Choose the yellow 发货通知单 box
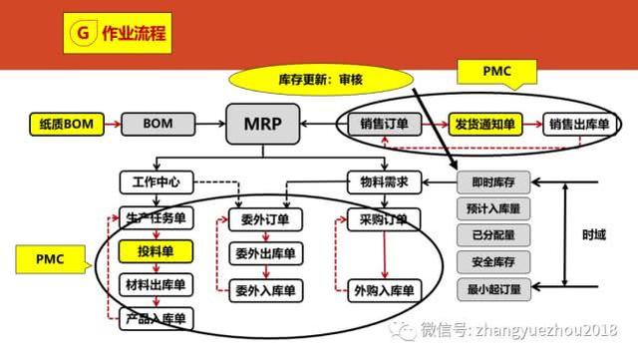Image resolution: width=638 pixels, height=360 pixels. (x=483, y=125)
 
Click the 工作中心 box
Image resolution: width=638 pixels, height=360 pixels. (x=155, y=182)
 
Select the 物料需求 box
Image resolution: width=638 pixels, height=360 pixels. (x=384, y=182)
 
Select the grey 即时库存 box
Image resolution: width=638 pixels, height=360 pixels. (x=495, y=182)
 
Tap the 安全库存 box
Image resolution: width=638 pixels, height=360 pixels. (x=495, y=263)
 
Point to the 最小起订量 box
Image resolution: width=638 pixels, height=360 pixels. (x=495, y=290)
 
